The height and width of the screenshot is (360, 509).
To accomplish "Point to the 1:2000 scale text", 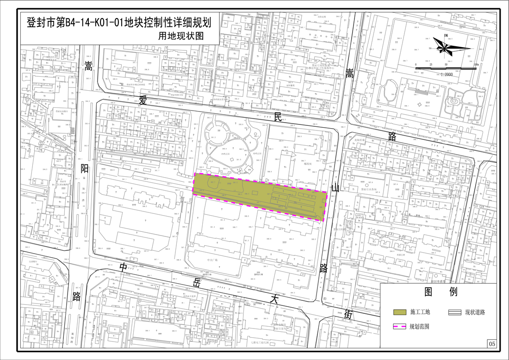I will [x=447, y=74].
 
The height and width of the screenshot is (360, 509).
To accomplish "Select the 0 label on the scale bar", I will [x=416, y=64].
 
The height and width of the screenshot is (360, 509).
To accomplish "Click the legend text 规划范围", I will [x=420, y=327].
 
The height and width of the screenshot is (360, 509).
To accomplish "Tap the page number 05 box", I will [x=491, y=344].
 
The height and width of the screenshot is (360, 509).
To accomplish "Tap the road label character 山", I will [x=336, y=187].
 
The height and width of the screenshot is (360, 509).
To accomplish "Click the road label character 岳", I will [x=197, y=283].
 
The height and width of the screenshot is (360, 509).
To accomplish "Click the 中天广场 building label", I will [x=213, y=260].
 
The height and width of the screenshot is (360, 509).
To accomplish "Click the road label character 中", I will [x=124, y=267].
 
